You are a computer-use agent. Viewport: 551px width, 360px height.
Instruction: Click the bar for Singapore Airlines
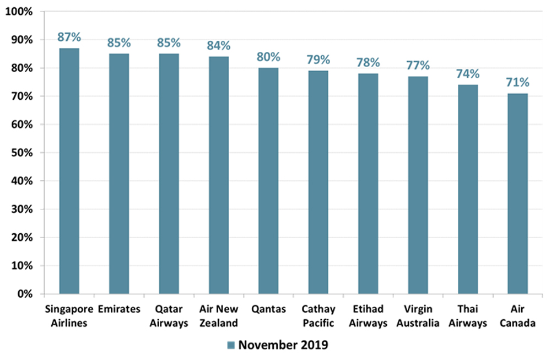pos(69,171)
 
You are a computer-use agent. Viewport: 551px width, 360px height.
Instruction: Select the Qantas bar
pos(268,181)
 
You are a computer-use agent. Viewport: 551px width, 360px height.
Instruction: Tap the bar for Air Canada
pos(517,194)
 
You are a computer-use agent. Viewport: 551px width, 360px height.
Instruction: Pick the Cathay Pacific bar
pos(318,182)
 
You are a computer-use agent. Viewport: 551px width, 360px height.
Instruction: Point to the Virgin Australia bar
pos(418,185)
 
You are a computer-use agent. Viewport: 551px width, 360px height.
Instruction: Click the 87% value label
pos(69,37)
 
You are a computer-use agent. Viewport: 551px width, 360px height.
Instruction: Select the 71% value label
pos(517,83)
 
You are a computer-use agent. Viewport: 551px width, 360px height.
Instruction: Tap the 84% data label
pos(219,46)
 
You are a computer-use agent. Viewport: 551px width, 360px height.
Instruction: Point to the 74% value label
pos(468,74)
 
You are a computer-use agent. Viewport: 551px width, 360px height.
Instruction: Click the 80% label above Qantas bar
pos(268,57)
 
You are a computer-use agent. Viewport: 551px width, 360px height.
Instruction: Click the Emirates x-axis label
pos(119,309)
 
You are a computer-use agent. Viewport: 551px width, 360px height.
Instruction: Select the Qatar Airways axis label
pos(169,316)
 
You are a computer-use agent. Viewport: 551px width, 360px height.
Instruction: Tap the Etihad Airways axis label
pos(368,316)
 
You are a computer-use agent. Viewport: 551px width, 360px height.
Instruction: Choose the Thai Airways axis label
pos(468,316)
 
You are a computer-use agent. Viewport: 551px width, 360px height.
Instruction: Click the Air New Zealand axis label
pos(219,316)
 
